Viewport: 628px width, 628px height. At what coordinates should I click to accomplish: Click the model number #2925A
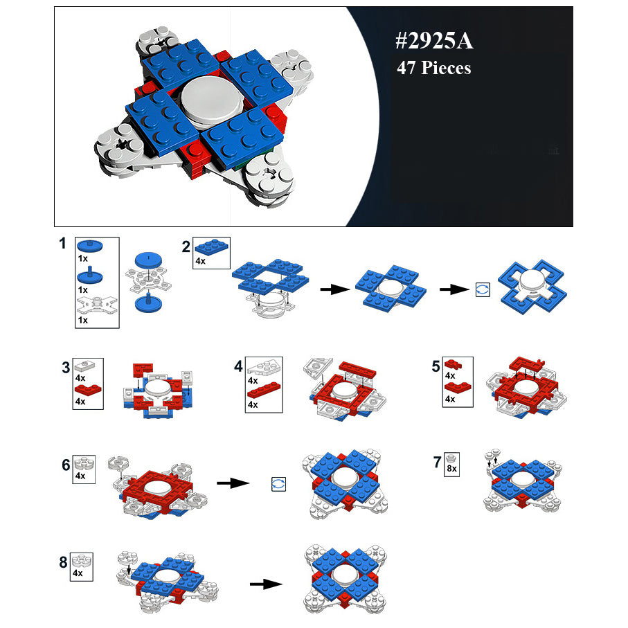point(434,41)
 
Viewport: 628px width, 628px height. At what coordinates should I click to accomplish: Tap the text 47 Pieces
point(433,68)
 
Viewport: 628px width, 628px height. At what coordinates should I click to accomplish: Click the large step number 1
point(62,243)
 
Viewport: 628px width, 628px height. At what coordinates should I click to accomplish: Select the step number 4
point(238,366)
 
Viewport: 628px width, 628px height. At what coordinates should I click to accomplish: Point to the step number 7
point(438,463)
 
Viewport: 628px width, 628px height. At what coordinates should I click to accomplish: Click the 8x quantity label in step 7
point(451,469)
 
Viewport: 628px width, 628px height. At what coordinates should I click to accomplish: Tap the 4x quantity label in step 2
point(200,261)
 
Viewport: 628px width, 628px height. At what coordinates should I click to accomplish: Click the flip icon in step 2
point(483,289)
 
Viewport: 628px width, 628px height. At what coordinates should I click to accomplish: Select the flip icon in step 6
point(278,484)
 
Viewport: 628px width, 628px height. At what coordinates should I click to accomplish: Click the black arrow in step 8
point(266,584)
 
